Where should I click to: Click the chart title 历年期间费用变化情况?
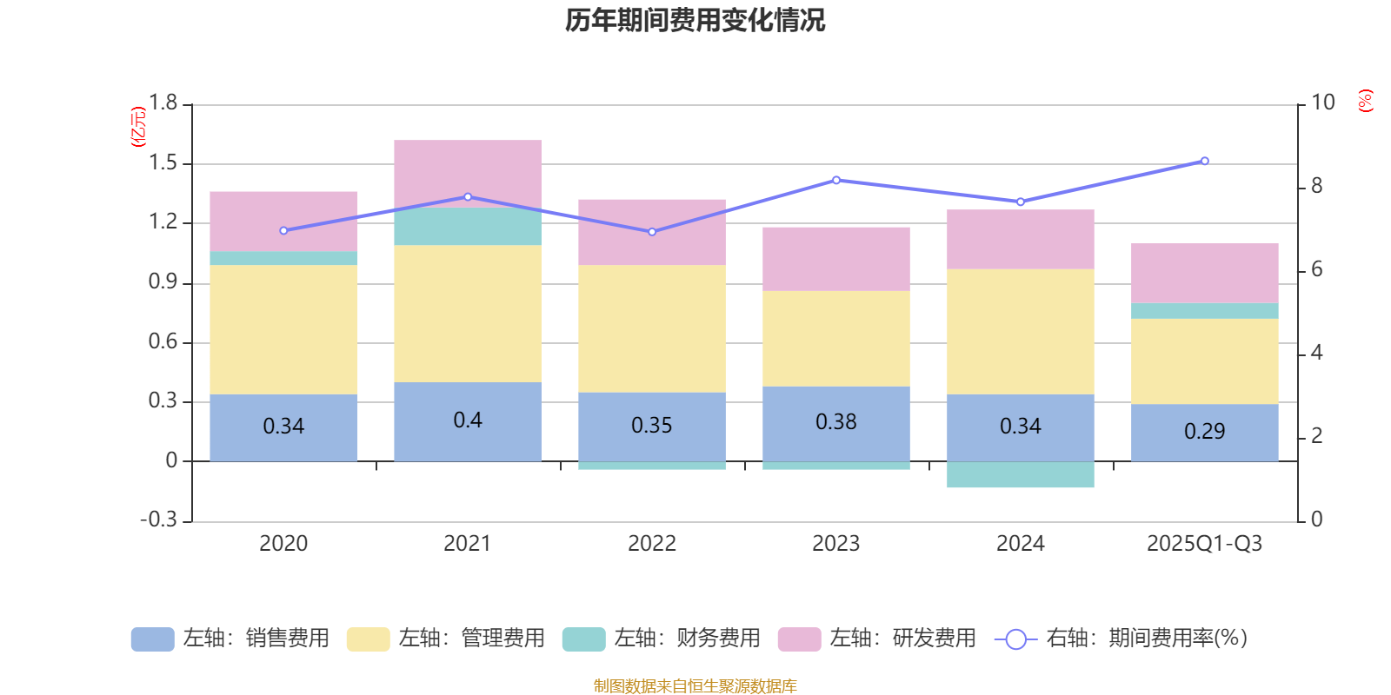695,20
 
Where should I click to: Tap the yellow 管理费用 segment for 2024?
1020,331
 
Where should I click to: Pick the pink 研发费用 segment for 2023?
835,259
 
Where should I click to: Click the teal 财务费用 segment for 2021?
468,227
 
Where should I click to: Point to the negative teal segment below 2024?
1020,475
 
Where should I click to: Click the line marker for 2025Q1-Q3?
1204,161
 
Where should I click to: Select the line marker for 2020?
283,230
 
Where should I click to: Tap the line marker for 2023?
835,180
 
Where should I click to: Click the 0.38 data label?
835,422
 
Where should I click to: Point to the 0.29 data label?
1204,432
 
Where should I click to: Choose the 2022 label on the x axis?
651,544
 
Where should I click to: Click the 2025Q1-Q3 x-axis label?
1204,544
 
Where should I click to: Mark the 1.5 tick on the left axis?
163,163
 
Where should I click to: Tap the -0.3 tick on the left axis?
158,520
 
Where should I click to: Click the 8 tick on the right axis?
1316,186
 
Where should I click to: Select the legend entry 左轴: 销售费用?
230,639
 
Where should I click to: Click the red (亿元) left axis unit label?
137,127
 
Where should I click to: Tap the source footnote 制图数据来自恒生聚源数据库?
695,686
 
